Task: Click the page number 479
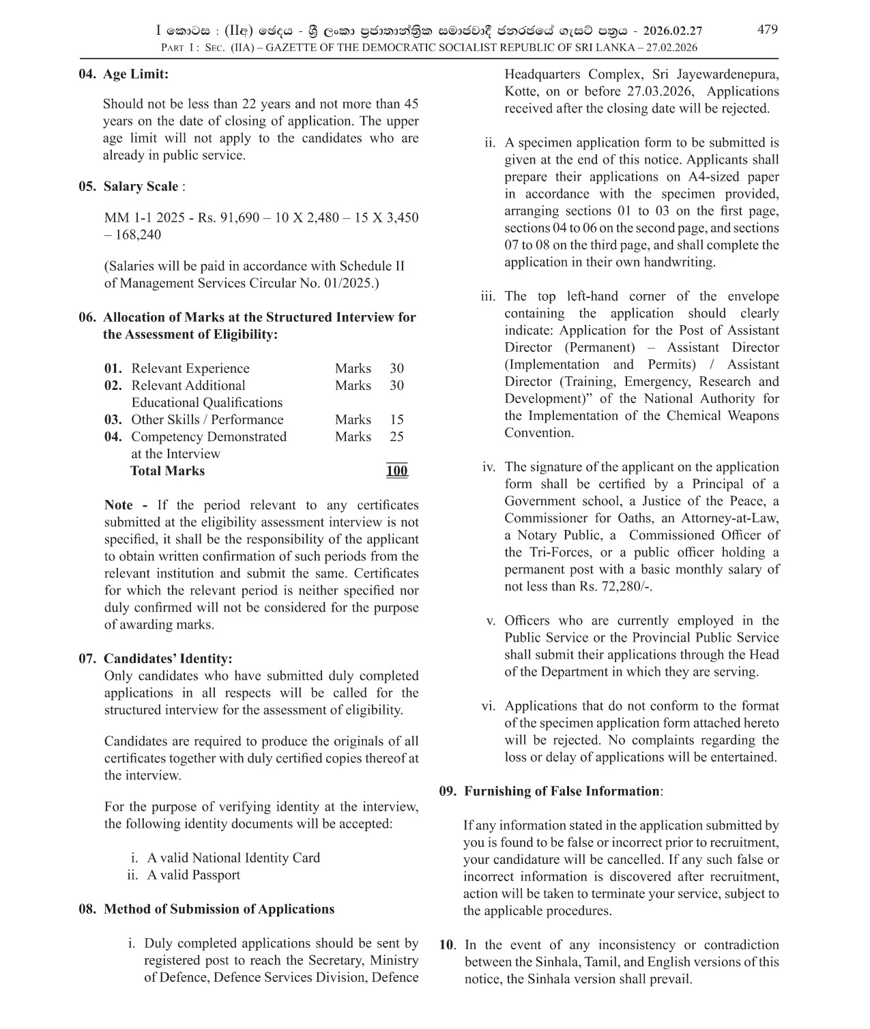[767, 29]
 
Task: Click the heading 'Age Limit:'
[135, 74]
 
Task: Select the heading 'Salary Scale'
[141, 187]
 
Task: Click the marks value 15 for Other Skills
[396, 420]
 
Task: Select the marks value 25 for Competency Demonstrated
[396, 437]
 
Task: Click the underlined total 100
[396, 471]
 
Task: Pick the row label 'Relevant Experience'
[190, 369]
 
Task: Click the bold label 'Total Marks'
[167, 471]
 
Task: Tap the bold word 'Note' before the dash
[119, 505]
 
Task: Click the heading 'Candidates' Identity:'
[168, 659]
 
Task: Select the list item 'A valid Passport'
[193, 876]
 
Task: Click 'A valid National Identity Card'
[233, 859]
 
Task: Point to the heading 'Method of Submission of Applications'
[219, 910]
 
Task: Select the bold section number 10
[446, 945]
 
